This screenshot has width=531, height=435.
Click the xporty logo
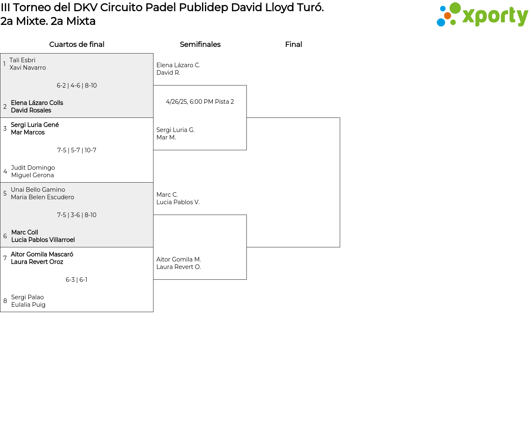click(482, 15)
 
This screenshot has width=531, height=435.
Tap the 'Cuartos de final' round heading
click(77, 44)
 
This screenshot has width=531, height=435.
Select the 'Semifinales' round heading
click(200, 44)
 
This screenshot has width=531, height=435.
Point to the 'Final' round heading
click(293, 44)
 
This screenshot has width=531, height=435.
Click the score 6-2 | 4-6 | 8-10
click(77, 86)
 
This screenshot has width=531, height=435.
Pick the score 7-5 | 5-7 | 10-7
click(77, 150)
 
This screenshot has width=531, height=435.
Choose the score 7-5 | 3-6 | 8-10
click(77, 215)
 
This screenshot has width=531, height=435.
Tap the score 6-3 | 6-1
click(76, 280)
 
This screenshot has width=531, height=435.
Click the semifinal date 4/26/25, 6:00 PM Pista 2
click(200, 102)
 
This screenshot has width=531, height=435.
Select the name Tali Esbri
click(22, 60)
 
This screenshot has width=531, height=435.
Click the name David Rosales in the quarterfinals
click(31, 110)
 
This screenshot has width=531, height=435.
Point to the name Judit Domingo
click(33, 168)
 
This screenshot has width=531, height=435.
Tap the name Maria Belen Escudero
click(42, 197)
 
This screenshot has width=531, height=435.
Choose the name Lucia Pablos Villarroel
click(43, 240)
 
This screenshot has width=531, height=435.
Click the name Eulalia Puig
click(28, 305)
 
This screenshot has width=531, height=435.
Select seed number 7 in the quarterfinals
click(5, 258)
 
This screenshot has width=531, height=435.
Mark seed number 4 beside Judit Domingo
click(5, 171)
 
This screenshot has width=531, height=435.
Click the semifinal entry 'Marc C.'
click(167, 194)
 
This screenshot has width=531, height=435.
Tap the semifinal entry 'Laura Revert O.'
click(178, 267)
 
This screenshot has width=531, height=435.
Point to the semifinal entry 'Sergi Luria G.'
click(175, 130)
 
